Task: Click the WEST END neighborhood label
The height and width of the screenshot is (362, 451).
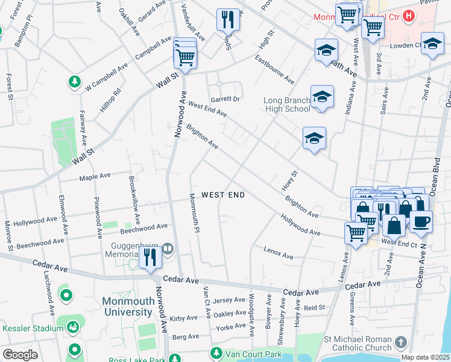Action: [223, 195]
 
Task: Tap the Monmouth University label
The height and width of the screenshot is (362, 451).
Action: [127, 306]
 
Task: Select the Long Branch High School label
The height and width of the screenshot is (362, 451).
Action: [287, 104]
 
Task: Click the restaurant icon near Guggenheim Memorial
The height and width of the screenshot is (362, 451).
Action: [149, 258]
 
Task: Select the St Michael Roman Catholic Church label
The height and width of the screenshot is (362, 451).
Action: [358, 343]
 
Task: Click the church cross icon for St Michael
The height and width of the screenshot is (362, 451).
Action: [402, 343]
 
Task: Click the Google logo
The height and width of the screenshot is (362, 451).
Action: [20, 355]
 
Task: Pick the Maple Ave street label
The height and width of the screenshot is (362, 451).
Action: [95, 177]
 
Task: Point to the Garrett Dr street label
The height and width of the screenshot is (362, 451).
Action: [225, 99]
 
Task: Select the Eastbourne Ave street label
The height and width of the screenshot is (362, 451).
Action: [274, 70]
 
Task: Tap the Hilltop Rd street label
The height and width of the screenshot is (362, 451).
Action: [110, 100]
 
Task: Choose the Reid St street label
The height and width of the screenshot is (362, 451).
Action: [314, 308]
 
